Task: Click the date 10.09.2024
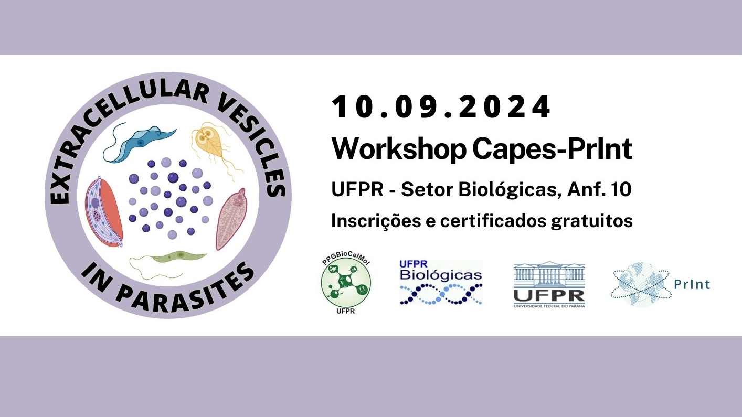pos(441,107)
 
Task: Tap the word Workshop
pos(399,149)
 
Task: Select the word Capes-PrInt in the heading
pos(553,149)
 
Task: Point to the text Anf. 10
pos(600,190)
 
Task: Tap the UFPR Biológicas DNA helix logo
pos(441,282)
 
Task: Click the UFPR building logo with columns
pos(549,284)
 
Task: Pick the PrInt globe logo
pos(660,284)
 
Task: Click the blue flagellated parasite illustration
pos(141,142)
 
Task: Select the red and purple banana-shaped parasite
pos(104,212)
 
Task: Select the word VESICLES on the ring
pos(256,146)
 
